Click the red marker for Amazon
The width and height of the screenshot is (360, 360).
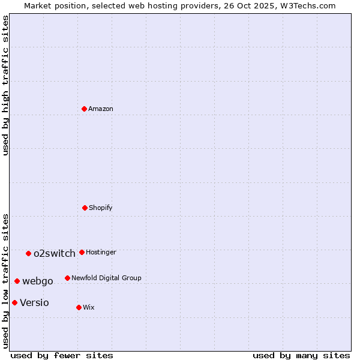point(85,109)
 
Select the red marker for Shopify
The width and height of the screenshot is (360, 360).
point(85,208)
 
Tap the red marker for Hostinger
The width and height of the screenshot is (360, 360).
point(82,252)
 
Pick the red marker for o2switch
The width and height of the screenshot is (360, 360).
point(28,253)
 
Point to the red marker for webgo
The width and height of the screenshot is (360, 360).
point(17,281)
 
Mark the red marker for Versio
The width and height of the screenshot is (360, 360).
point(14,302)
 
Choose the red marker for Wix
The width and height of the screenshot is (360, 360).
point(79,307)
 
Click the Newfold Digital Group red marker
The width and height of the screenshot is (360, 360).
point(67,278)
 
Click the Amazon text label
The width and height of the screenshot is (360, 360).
point(101,109)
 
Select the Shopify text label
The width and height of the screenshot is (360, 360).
point(101,208)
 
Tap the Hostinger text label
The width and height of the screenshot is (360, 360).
point(101,252)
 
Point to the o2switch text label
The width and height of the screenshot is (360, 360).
point(55,253)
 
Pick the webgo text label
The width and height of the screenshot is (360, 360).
point(38,281)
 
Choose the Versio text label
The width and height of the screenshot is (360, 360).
point(35,302)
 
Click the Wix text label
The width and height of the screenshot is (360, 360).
point(89,307)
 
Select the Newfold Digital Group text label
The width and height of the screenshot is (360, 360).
point(106,278)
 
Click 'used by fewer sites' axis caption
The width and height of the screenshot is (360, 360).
point(62,355)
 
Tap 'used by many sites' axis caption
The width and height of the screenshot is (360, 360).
point(301,355)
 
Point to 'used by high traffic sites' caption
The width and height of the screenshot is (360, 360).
point(5,86)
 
